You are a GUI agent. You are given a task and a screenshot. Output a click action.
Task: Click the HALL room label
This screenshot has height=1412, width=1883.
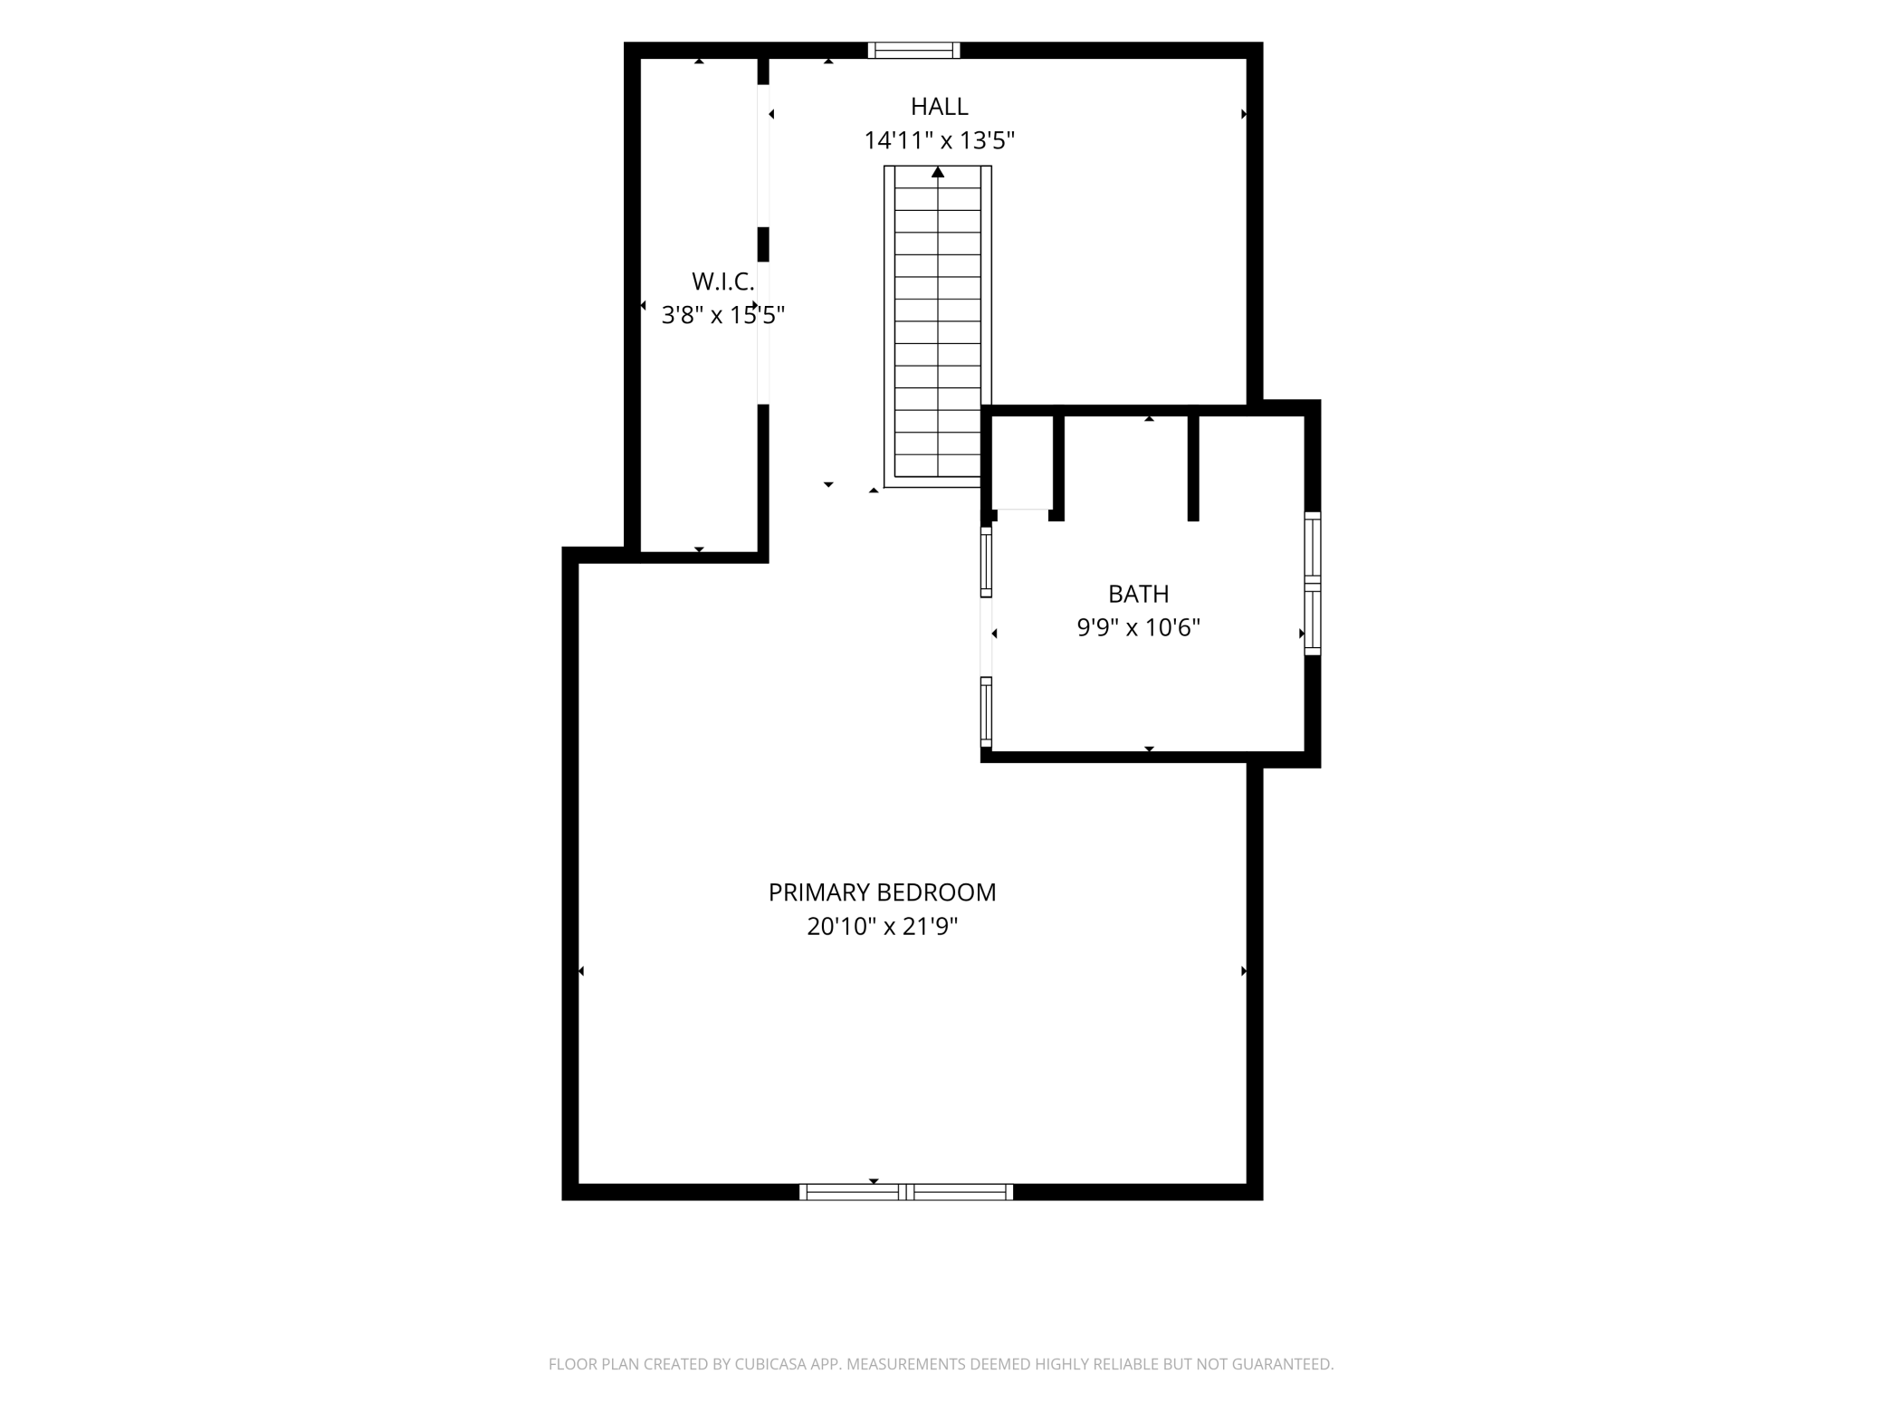pos(939,107)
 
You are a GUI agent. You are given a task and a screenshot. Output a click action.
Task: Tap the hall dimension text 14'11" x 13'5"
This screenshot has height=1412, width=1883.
pos(939,141)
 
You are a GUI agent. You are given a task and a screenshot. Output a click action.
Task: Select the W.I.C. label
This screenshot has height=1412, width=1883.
pos(722,281)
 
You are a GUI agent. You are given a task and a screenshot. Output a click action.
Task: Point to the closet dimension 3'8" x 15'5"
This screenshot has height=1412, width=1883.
pos(722,315)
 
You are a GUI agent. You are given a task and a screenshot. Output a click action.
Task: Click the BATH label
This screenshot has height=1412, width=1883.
pos(1138,594)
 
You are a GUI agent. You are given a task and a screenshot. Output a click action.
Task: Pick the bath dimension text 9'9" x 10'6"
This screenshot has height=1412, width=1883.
pos(1138,627)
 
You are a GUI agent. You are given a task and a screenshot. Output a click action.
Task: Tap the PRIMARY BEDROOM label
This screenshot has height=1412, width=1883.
pos(882,892)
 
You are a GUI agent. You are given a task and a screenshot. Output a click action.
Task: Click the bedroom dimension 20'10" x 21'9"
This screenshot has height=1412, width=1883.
pos(882,927)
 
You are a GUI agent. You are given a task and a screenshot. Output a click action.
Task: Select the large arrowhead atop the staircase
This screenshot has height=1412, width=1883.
pos(938,172)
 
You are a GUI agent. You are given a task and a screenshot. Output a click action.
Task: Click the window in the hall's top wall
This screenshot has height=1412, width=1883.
pos(913,51)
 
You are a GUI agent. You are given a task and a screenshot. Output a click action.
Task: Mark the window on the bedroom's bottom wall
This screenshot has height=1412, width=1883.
pos(905,1192)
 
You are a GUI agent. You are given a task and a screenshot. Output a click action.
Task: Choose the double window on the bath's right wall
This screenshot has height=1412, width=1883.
pos(1312,584)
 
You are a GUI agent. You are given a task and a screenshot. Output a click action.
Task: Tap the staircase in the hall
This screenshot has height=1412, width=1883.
pos(938,327)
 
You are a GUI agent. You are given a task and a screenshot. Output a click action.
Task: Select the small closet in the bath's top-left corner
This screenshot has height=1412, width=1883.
pos(1022,463)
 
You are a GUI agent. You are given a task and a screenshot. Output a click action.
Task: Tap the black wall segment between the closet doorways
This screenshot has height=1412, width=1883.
pos(763,244)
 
